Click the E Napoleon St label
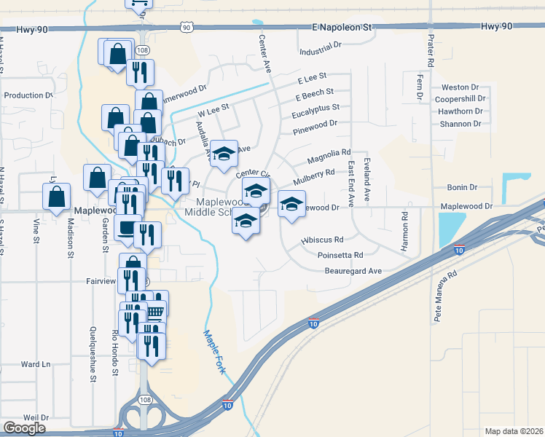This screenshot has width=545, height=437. click(x=342, y=26)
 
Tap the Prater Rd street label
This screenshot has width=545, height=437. click(x=431, y=51)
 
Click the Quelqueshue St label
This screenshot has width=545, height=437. click(x=93, y=353)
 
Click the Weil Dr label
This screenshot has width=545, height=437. click(x=35, y=417)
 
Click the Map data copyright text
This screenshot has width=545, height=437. click(x=514, y=431)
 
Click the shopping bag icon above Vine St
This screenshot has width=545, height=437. click(x=56, y=197)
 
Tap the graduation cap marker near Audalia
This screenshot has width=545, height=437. click(x=225, y=153)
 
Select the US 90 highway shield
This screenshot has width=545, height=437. click(x=187, y=27)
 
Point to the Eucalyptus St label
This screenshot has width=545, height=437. click(x=315, y=107)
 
